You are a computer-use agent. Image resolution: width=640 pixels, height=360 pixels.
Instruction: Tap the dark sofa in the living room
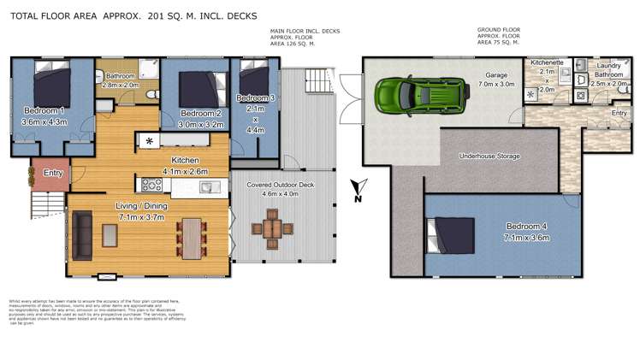click(x=83, y=229)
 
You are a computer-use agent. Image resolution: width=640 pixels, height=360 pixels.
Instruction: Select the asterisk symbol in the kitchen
click(x=150, y=140)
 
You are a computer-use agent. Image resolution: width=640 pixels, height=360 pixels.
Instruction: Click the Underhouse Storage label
click(x=489, y=156)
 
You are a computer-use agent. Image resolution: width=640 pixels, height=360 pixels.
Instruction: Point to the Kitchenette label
click(x=547, y=63)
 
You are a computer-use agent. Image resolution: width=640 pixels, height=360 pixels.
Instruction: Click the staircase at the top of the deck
click(x=317, y=82)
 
